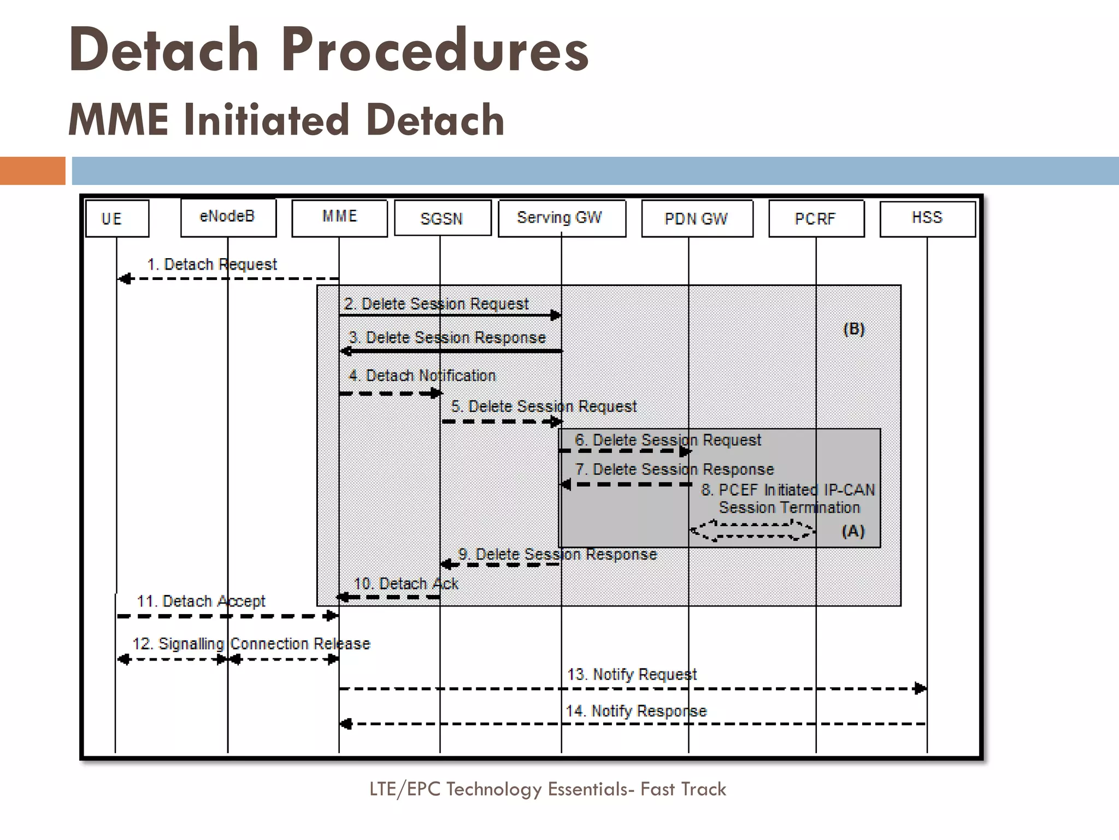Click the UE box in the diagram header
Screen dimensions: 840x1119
point(117,218)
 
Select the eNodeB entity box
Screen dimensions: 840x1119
point(228,217)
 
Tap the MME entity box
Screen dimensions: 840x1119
point(339,218)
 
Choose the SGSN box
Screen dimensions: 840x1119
point(442,218)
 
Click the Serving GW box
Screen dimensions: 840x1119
point(561,218)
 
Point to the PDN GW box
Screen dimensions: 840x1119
point(697,218)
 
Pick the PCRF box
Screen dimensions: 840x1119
point(816,218)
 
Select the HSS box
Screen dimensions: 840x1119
point(927,218)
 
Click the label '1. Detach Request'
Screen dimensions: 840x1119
point(212,265)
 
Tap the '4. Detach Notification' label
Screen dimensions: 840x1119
point(422,376)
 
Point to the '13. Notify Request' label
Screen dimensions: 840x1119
point(632,674)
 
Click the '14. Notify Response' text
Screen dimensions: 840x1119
point(636,711)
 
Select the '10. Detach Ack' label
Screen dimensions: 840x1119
point(406,584)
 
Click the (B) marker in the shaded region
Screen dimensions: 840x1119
point(854,329)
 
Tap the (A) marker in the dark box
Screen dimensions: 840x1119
point(853,531)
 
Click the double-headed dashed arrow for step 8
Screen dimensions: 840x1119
point(752,530)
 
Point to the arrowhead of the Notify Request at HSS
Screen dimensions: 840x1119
point(920,688)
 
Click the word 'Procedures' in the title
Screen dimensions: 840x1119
point(435,50)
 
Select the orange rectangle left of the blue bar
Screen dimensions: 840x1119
point(32,171)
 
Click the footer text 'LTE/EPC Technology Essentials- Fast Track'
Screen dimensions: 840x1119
point(547,789)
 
